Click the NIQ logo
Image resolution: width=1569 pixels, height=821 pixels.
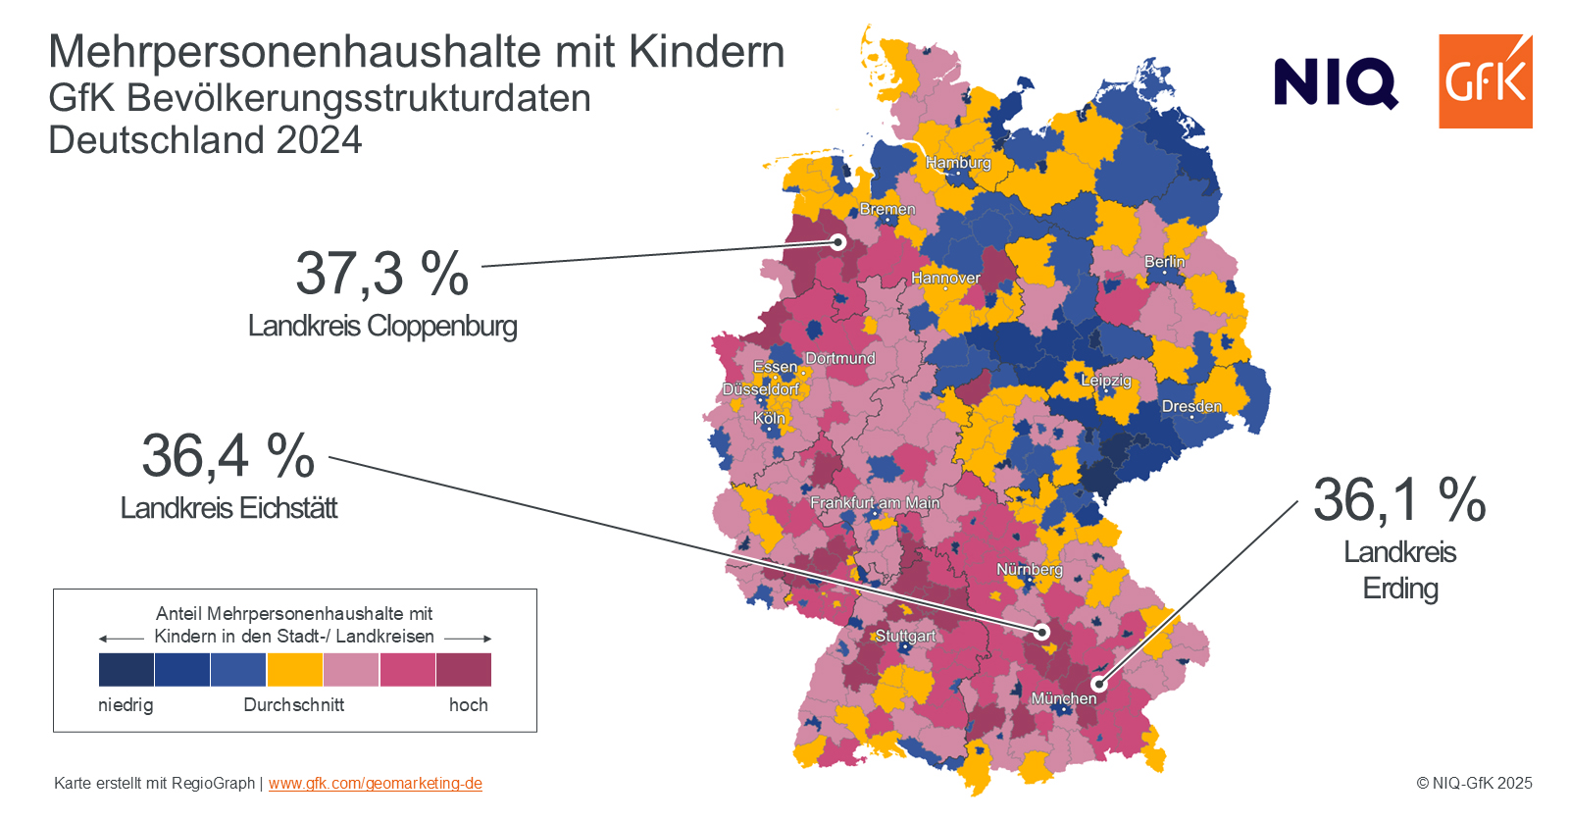[1336, 83]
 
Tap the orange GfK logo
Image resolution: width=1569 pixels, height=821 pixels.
[1486, 81]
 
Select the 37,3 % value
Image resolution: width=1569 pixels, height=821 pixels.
[381, 274]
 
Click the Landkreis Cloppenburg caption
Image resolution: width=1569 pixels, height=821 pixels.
[382, 327]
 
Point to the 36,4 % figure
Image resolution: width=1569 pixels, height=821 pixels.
[228, 456]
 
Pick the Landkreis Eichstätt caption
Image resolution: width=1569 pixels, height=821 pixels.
[229, 508]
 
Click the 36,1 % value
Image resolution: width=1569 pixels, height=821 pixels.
[1399, 500]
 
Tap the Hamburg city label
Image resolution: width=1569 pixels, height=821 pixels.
[958, 163]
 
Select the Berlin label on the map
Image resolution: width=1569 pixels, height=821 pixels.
[1165, 262]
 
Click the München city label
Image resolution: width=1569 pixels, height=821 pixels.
[1063, 698]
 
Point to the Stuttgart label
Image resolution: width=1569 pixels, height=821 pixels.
[905, 636]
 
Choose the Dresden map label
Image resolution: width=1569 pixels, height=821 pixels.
[1191, 406]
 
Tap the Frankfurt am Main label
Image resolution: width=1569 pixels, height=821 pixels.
[875, 503]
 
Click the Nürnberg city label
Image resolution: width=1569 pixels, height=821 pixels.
[1030, 570]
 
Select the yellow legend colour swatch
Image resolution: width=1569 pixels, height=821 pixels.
[295, 670]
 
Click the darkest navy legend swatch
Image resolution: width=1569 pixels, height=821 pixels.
[127, 670]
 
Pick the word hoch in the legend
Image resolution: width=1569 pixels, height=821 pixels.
[469, 704]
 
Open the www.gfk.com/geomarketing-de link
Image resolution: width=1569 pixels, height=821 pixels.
[376, 783]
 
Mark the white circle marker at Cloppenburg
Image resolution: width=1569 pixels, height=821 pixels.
[838, 242]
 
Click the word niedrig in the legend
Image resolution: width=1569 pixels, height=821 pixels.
[127, 704]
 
